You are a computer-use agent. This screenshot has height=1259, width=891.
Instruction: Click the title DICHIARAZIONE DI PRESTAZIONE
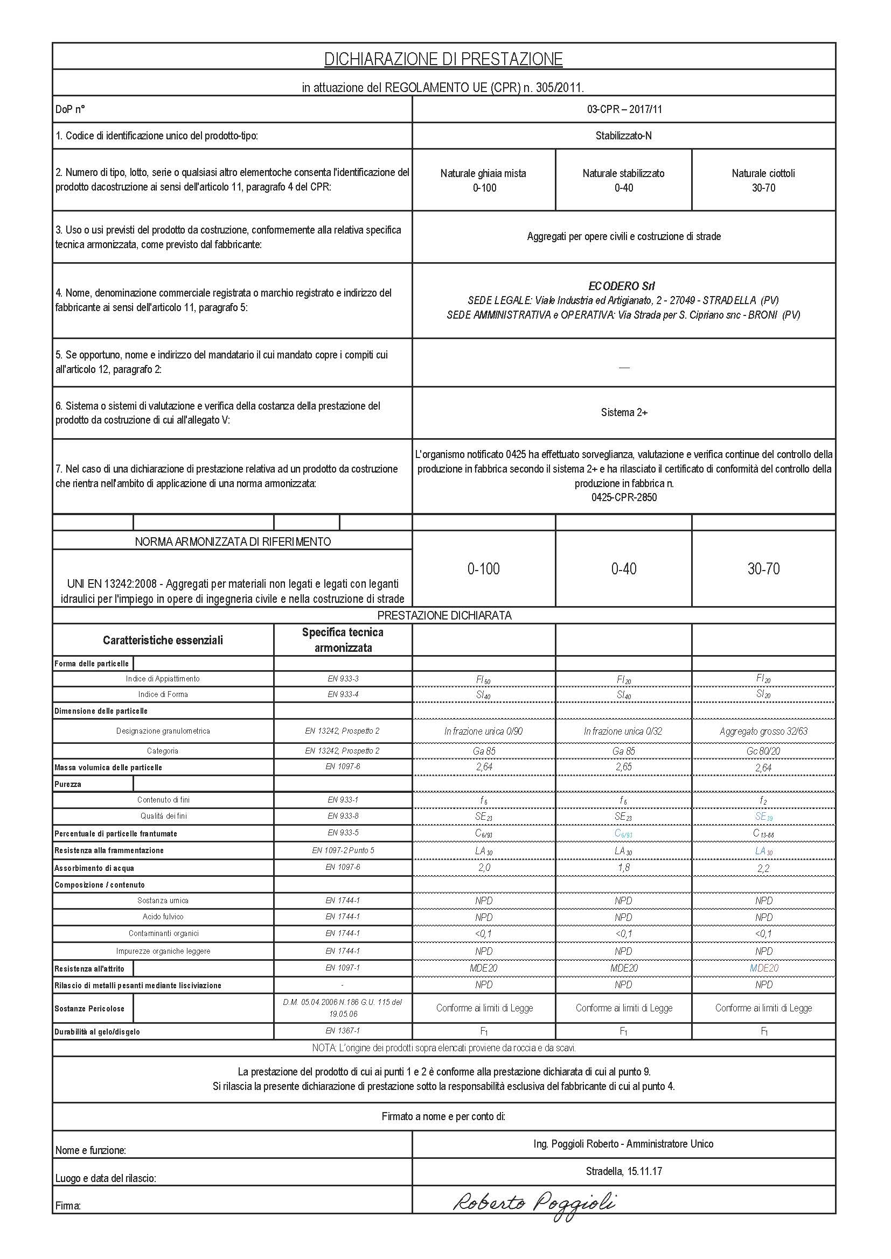pos(443,59)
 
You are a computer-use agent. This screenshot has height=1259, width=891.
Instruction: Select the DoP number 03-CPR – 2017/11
pos(624,109)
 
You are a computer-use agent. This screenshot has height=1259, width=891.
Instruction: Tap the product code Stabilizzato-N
pos(624,136)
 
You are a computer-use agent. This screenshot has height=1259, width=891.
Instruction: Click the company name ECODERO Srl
pos(622,286)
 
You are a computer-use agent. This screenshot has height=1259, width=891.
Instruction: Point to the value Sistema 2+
pos(624,412)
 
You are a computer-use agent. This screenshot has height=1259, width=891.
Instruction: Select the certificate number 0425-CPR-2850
pos(624,497)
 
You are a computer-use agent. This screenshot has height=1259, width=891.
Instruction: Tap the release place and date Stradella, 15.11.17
pos(624,1171)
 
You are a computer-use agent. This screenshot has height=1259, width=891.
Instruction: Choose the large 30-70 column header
pos(763,568)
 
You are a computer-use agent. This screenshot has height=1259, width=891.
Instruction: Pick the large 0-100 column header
pos(483,568)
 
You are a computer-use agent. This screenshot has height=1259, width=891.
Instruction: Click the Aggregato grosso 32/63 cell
pos(763,731)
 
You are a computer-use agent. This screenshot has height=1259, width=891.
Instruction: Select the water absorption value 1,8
pos(624,868)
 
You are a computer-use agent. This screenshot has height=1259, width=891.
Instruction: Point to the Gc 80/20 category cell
pos(763,751)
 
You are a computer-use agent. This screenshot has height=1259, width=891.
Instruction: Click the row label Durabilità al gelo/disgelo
pos(97,1032)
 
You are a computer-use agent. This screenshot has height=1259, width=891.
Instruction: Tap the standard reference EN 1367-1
pos(343,1030)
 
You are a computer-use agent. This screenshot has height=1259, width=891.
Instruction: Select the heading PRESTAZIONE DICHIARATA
pos(444,615)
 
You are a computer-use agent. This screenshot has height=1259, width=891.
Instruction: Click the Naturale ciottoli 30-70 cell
pos(763,180)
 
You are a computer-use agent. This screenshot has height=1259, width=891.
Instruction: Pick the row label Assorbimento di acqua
pos(94,868)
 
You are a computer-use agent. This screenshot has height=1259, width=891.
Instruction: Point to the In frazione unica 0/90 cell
pos(483,731)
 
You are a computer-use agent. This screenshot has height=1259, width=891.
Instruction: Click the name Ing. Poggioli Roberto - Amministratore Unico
pos(624,1144)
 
